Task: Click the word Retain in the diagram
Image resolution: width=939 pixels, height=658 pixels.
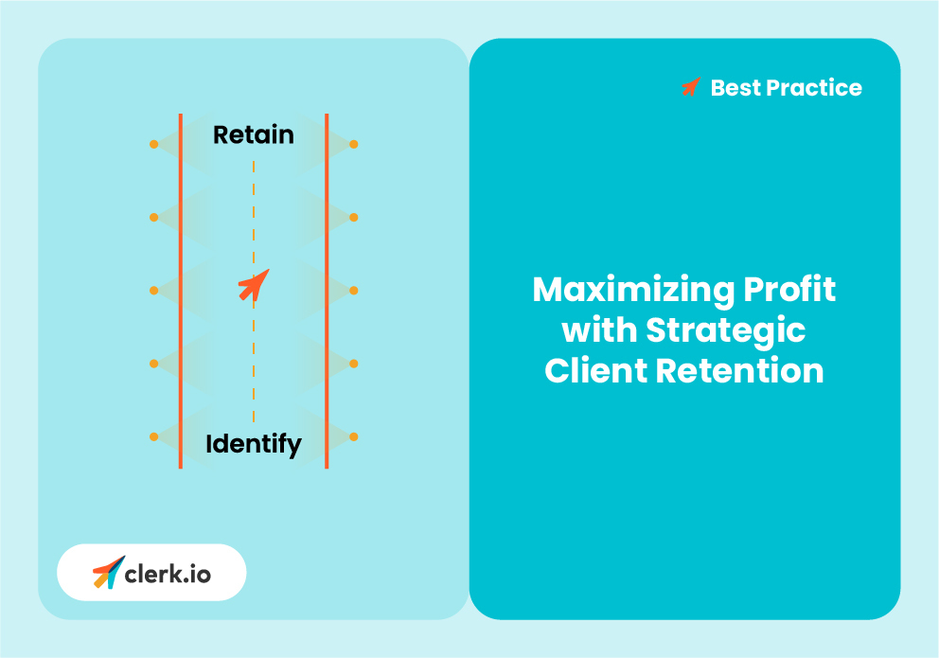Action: click(x=253, y=135)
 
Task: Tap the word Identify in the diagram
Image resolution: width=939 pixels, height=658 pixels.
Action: click(x=253, y=443)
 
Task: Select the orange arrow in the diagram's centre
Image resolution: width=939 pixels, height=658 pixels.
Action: click(x=254, y=284)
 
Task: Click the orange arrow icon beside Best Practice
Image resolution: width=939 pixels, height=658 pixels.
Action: click(x=691, y=87)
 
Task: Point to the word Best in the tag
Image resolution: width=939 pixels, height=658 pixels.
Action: click(x=735, y=88)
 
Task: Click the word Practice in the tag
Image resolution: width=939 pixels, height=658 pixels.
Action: click(x=814, y=88)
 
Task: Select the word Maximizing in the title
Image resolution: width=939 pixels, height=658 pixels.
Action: click(x=625, y=290)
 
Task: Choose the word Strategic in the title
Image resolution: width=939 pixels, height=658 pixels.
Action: click(x=726, y=330)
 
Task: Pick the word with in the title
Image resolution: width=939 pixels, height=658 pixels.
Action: click(x=599, y=330)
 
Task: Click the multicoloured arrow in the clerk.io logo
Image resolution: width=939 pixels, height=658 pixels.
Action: click(x=108, y=572)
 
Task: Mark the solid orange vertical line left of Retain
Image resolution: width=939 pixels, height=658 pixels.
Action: click(x=181, y=189)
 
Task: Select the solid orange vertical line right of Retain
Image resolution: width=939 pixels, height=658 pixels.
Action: click(x=327, y=189)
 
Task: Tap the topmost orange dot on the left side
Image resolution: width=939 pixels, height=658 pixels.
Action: click(x=153, y=144)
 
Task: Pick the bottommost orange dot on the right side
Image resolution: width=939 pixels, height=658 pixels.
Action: click(x=353, y=436)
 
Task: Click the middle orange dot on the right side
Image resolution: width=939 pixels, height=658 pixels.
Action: click(x=353, y=290)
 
